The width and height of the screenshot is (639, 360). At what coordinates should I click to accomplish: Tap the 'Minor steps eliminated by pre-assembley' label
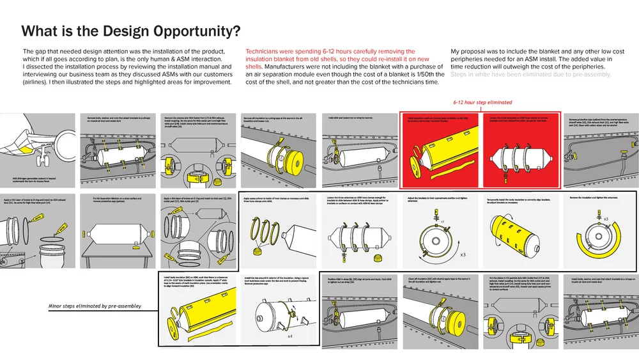[94, 307]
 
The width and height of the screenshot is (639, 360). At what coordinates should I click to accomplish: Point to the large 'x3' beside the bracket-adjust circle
[463, 254]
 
